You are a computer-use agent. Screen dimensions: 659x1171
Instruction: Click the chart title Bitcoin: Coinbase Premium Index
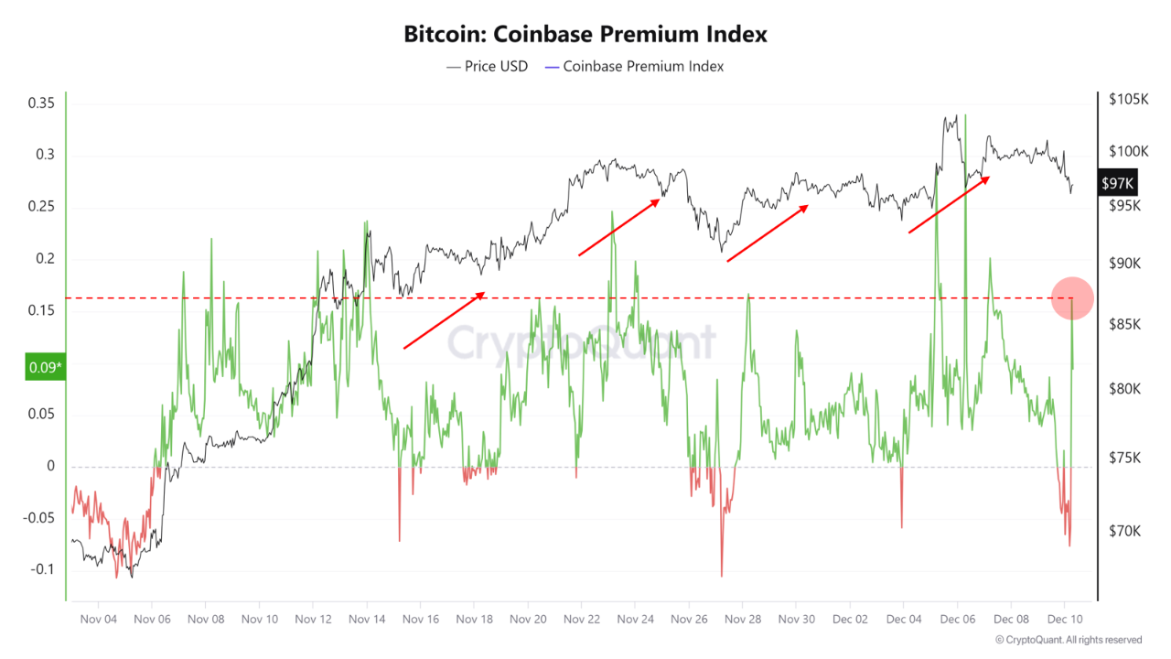(x=585, y=34)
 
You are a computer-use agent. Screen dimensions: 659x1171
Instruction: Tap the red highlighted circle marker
(x=1071, y=297)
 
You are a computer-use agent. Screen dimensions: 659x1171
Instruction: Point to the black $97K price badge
(x=1118, y=183)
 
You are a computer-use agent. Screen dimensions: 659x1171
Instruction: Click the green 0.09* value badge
(x=46, y=368)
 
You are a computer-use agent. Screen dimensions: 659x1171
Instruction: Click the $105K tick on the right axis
(x=1127, y=99)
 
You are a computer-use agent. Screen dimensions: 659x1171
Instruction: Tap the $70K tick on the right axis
(x=1125, y=531)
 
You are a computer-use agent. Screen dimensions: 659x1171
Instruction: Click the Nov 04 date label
(x=98, y=619)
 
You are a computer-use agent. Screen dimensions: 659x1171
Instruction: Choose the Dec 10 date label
(x=1065, y=619)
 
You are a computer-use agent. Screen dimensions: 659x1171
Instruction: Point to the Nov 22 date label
(x=582, y=619)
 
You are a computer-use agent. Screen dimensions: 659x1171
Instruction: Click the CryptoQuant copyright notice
(x=1069, y=640)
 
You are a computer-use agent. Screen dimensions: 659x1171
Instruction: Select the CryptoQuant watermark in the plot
(x=581, y=342)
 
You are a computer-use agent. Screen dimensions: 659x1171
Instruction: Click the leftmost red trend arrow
(x=444, y=320)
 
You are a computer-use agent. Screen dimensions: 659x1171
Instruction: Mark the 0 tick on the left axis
(x=51, y=466)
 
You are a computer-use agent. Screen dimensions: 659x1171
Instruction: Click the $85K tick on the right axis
(x=1125, y=324)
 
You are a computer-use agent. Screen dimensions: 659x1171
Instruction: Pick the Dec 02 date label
(x=850, y=619)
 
